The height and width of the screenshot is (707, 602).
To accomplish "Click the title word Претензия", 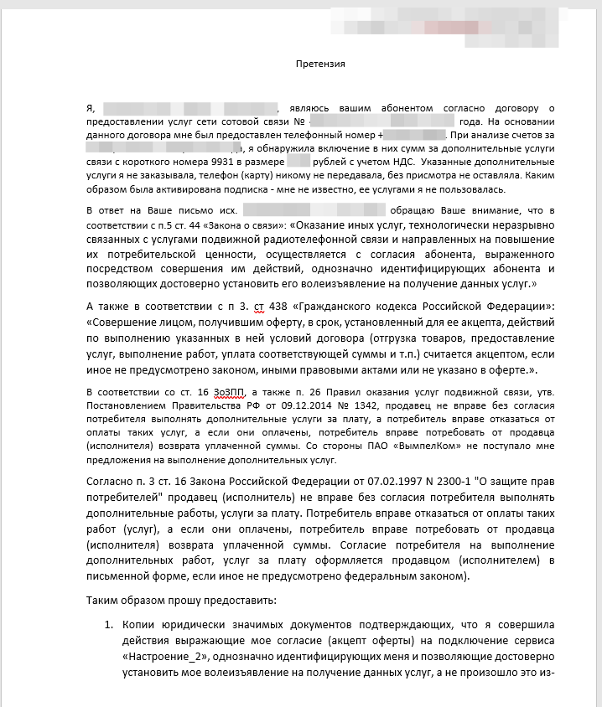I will [x=322, y=63].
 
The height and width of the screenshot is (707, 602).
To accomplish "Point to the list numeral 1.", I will [x=108, y=624].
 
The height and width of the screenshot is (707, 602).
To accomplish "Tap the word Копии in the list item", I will [x=139, y=624].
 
